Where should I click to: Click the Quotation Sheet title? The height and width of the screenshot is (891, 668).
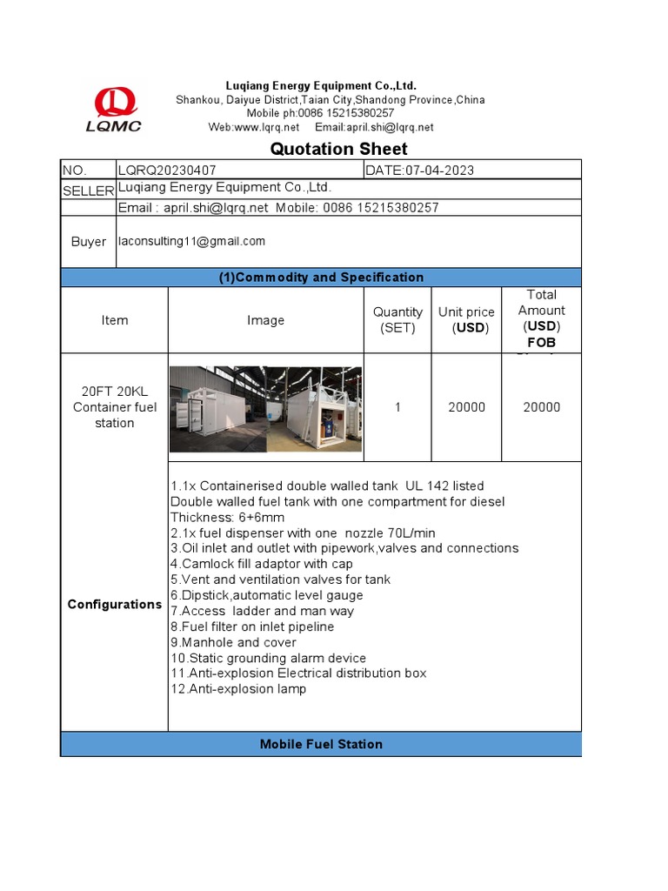(x=338, y=149)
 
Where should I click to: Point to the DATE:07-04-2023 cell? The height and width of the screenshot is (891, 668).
(x=420, y=171)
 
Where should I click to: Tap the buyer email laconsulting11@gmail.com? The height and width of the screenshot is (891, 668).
(x=191, y=241)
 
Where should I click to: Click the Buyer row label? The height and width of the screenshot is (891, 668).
(x=88, y=242)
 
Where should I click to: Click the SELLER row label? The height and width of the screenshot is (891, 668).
(x=88, y=191)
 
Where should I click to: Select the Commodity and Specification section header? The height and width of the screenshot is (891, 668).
(x=321, y=278)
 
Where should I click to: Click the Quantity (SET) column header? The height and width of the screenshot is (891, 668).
(x=397, y=320)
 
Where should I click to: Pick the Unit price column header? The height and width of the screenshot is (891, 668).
(x=466, y=320)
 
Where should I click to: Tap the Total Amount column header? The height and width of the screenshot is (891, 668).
(x=541, y=318)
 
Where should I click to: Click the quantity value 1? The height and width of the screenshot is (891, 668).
(x=397, y=407)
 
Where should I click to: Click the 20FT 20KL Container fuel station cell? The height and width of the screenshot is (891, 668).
(x=114, y=407)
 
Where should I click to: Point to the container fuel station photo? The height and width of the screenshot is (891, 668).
(x=265, y=409)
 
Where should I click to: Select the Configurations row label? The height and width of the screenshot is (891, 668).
(x=114, y=605)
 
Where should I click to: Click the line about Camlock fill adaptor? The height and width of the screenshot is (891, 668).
(x=262, y=564)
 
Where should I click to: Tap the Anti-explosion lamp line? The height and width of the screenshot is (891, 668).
(x=238, y=689)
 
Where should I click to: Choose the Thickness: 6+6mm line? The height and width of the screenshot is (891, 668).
(x=227, y=517)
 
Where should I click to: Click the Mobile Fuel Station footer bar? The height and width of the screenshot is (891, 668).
(x=321, y=744)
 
